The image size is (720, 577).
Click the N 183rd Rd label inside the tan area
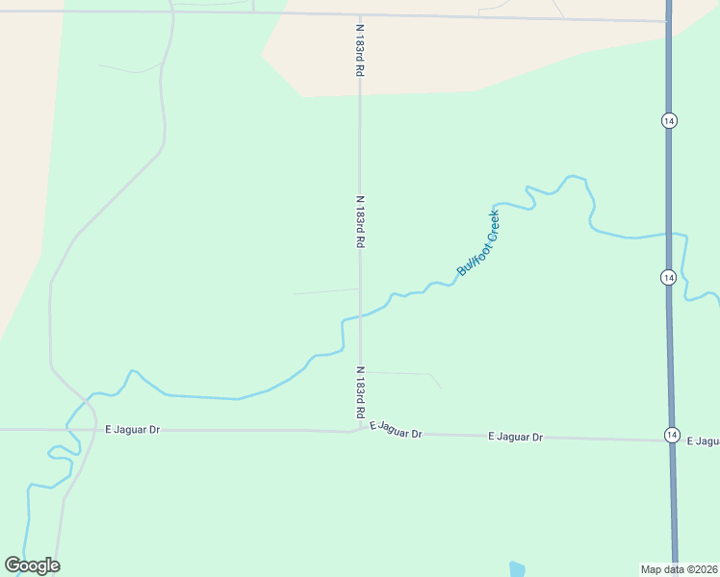click(x=359, y=51)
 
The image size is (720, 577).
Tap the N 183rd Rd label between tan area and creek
click(x=360, y=222)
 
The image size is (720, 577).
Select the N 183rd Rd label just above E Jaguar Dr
click(x=360, y=391)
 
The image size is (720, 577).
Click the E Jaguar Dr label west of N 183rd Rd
click(x=132, y=430)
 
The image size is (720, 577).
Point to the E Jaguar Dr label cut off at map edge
click(x=705, y=441)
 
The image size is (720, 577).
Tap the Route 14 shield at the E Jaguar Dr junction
click(x=671, y=436)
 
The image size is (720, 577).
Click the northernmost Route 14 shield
click(x=669, y=120)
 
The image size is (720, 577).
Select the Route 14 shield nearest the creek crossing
click(x=669, y=277)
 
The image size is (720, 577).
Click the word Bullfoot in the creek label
click(x=471, y=257)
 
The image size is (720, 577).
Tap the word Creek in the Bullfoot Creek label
click(x=493, y=224)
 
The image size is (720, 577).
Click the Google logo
click(x=32, y=565)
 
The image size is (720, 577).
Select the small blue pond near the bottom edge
click(x=517, y=569)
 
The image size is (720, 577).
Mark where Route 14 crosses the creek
click(x=668, y=233)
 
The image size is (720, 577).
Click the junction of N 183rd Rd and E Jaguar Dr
click(x=360, y=429)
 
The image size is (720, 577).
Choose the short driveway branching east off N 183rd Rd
click(x=404, y=373)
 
